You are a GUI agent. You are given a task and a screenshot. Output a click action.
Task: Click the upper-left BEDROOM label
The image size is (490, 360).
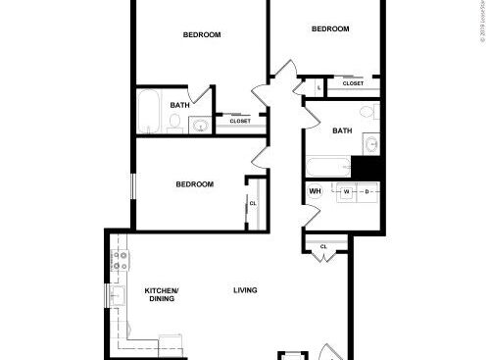pos(202,35)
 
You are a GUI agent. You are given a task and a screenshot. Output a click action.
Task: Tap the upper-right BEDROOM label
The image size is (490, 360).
pos(330,28)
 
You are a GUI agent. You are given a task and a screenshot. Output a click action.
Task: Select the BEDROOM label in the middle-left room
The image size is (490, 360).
pos(195,183)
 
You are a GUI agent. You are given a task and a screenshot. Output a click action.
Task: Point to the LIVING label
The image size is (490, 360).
pos(245,289)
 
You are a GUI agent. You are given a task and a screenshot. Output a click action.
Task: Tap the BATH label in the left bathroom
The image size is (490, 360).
pos(179,105)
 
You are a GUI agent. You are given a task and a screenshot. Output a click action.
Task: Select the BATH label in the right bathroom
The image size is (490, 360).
pos(342,130)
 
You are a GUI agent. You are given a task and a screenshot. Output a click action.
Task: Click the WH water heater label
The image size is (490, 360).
pos(315,190)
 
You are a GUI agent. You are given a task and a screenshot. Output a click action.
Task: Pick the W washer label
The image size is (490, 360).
pos(345,190)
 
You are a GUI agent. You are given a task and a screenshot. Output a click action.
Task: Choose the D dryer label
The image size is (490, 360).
pos(366,190)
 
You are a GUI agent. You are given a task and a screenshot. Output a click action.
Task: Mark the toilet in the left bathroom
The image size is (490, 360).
pos(174,122)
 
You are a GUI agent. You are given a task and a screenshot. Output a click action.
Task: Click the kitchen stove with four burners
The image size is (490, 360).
pos(120,261)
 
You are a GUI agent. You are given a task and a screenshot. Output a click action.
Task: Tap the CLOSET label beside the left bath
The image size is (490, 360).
pos(240,121)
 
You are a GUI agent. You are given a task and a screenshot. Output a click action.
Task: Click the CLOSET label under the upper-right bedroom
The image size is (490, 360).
pos(353,83)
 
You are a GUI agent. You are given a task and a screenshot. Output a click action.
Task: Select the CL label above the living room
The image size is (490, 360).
pos(323,246)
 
